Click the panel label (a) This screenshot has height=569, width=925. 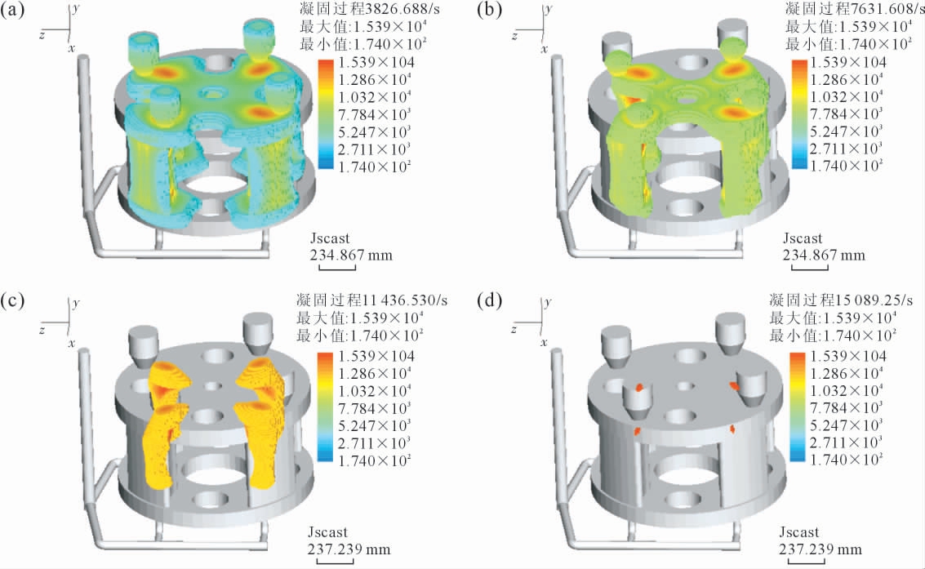click(x=11, y=10)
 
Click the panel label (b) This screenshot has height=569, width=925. click(x=489, y=10)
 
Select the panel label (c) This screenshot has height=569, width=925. click(x=11, y=300)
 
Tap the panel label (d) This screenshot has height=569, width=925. click(x=489, y=300)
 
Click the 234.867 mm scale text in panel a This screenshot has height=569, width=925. click(x=351, y=256)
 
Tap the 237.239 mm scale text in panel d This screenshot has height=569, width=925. click(x=820, y=549)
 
